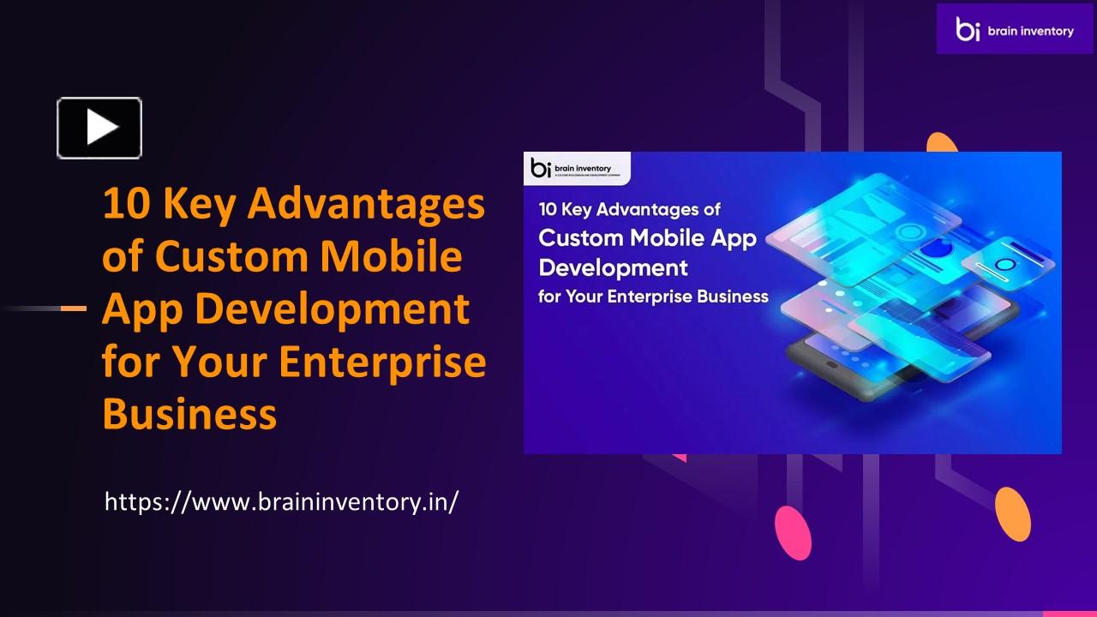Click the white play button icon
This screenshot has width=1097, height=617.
(x=99, y=128)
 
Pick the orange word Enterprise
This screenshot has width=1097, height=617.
(x=382, y=362)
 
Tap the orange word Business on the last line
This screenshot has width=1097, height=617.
(x=189, y=414)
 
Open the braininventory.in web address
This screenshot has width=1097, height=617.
(x=281, y=501)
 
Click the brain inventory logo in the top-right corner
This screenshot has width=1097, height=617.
(x=1015, y=30)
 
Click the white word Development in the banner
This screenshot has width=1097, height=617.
(x=613, y=267)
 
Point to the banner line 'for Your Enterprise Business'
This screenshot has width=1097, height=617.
(x=653, y=297)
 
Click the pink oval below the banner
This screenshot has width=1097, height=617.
(x=793, y=532)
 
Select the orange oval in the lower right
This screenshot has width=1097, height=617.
(x=1013, y=514)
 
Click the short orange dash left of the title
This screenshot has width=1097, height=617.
(x=74, y=308)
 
